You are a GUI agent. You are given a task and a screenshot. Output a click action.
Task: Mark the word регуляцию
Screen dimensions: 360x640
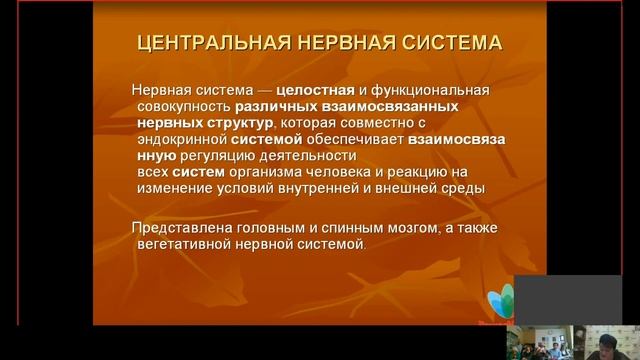click(219, 156)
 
